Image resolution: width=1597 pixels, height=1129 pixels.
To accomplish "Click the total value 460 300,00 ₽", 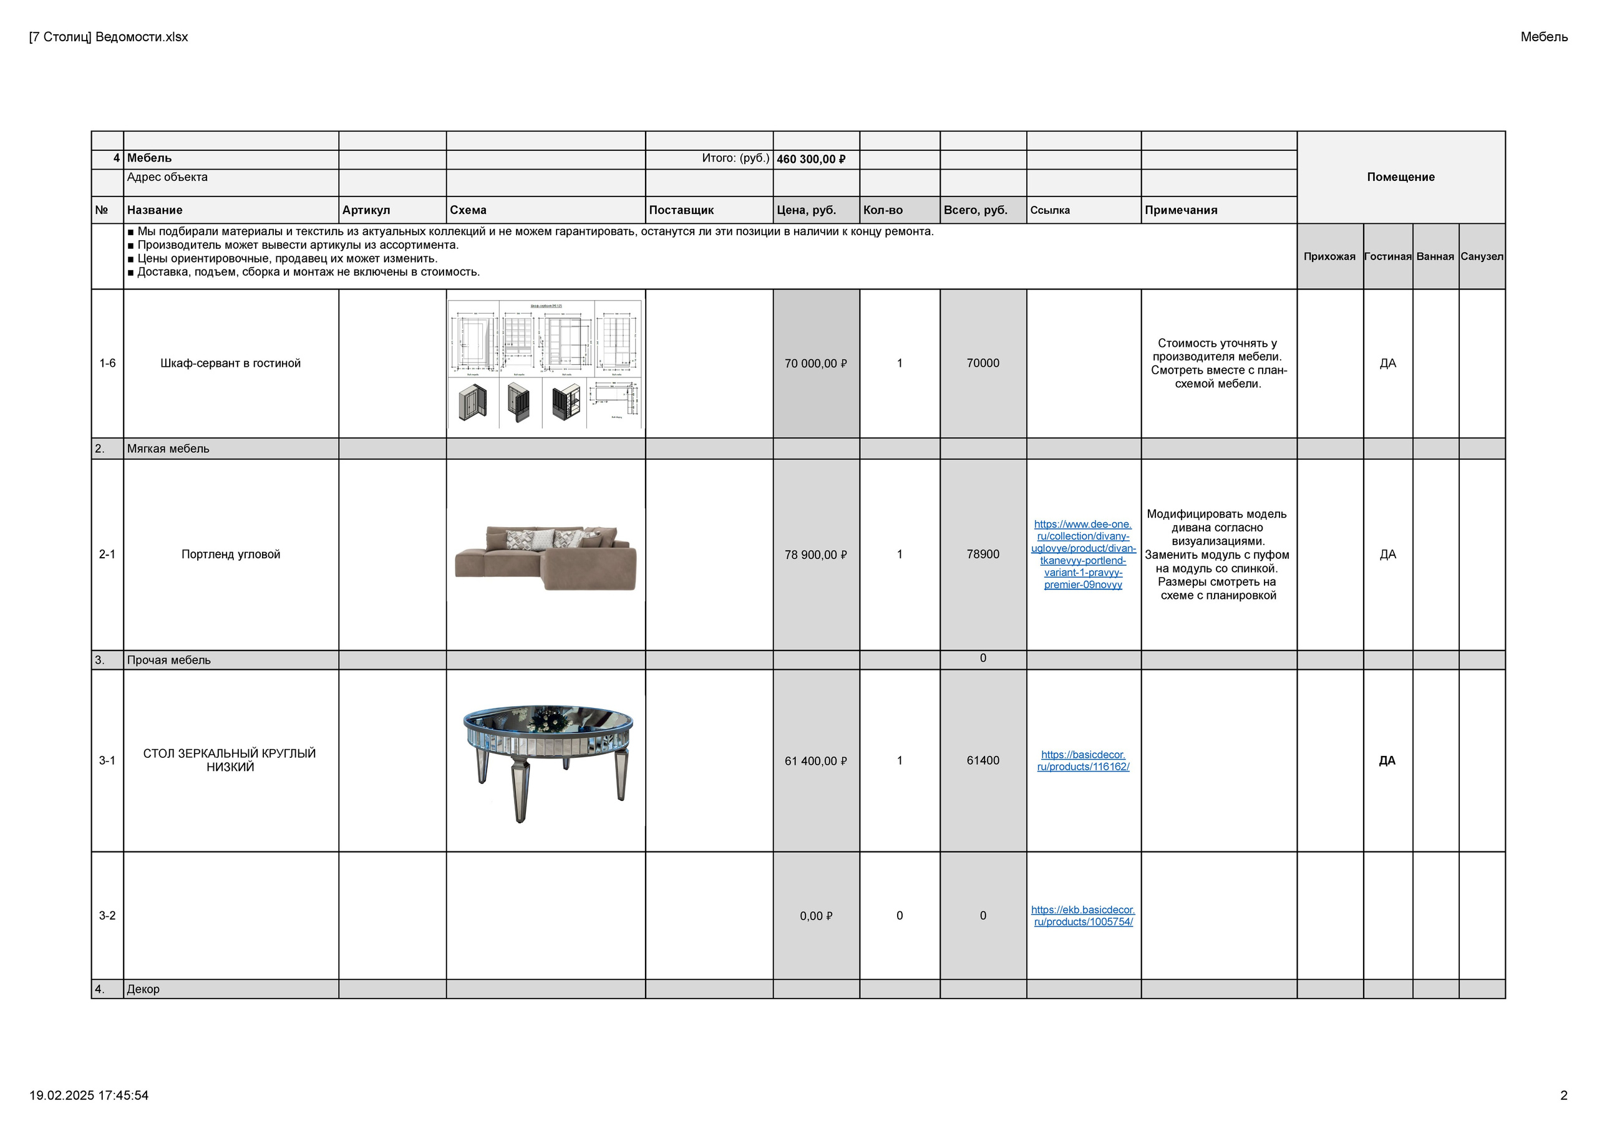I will coord(811,159).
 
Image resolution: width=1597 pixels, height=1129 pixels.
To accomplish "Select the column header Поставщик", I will coord(681,210).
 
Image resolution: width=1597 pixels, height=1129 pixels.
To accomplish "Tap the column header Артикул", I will coord(366,210).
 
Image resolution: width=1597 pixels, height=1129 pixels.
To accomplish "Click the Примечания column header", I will coord(1181,210).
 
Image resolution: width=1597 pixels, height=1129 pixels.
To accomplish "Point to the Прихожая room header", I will coord(1329,257).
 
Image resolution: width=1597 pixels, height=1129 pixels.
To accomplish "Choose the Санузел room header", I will coord(1482,257).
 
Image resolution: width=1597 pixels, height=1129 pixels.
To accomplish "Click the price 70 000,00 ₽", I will coord(815,364).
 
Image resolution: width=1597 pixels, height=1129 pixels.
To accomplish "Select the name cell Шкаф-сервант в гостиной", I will coord(230,363).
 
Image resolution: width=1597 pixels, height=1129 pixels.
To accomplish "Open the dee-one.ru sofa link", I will coord(1083,555).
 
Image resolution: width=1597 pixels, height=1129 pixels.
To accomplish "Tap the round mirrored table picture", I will coord(546,761).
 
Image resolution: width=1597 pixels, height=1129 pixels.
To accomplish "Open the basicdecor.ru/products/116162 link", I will coord(1083,761).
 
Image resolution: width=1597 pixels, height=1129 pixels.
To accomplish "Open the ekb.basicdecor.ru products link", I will coord(1083,916).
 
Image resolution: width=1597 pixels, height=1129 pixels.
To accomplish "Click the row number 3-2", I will coord(107,916).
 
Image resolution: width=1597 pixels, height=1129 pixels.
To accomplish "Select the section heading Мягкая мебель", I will coord(168,448).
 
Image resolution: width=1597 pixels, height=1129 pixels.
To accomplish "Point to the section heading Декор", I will coord(143,989).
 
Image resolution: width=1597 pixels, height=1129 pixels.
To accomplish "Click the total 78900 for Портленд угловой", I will coord(983,555).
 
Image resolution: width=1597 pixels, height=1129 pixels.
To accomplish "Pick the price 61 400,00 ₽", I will coord(815,761).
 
